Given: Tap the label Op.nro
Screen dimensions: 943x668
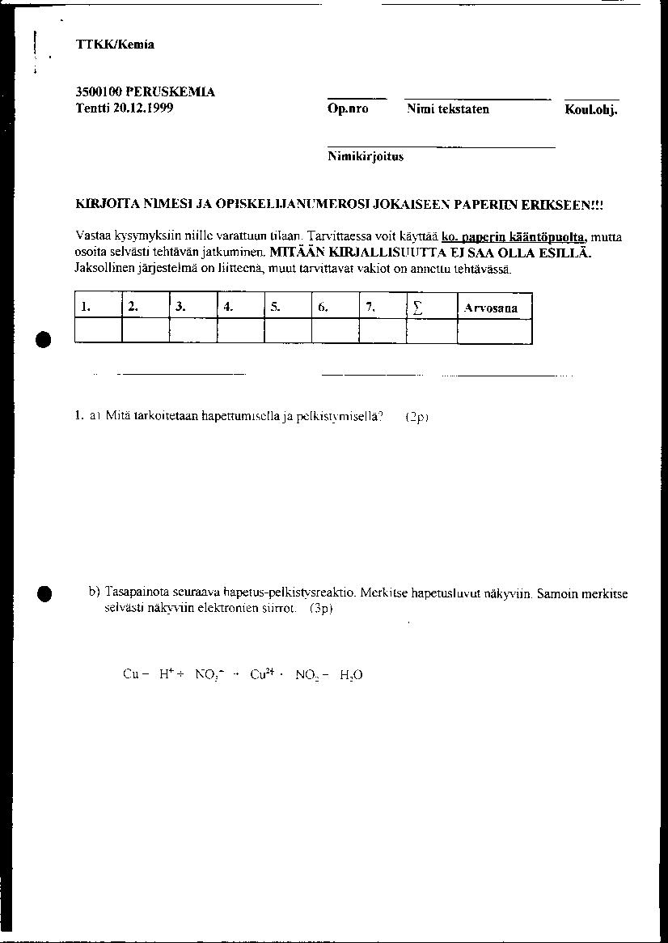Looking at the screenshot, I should [x=348, y=109].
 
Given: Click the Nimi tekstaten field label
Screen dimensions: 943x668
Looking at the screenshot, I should [x=448, y=109].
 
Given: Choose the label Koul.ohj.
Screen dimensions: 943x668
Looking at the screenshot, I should [x=591, y=110].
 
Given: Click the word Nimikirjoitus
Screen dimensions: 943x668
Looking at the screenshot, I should [x=366, y=157].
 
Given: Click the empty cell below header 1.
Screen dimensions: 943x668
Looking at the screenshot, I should [x=98, y=331].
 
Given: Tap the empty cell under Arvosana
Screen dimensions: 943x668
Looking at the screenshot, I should [x=494, y=331].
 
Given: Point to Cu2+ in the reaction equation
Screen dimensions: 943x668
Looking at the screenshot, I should [x=263, y=673].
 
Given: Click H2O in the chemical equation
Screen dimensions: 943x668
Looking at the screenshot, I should [x=351, y=674].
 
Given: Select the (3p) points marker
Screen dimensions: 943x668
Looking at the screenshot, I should [x=321, y=609].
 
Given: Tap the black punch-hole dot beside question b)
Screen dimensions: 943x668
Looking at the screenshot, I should [x=45, y=593].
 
